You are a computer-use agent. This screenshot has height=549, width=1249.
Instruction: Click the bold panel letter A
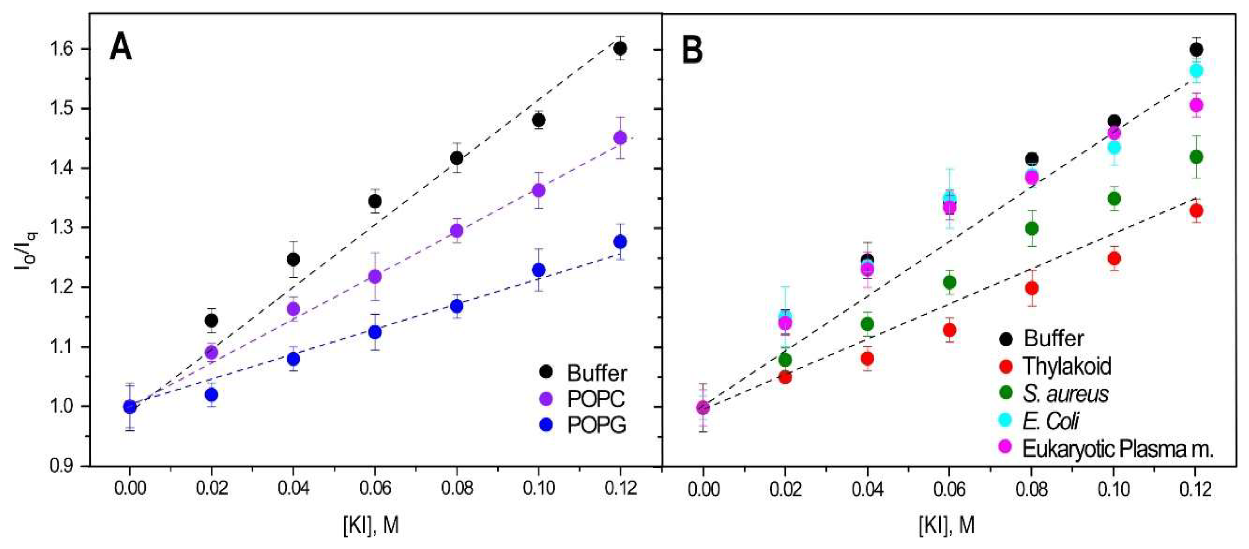point(121,49)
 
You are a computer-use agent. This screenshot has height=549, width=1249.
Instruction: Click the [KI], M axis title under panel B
point(946,525)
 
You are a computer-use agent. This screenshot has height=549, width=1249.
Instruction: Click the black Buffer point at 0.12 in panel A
point(620,49)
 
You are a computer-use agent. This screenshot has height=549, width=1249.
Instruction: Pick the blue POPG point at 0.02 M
point(211,395)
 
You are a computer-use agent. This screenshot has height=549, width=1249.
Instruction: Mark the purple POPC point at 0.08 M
point(457,230)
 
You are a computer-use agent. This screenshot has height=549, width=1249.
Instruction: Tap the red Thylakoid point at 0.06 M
point(949,330)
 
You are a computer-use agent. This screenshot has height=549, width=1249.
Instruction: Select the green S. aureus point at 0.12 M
point(1196,157)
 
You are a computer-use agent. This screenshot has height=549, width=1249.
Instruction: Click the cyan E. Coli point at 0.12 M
point(1196,71)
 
